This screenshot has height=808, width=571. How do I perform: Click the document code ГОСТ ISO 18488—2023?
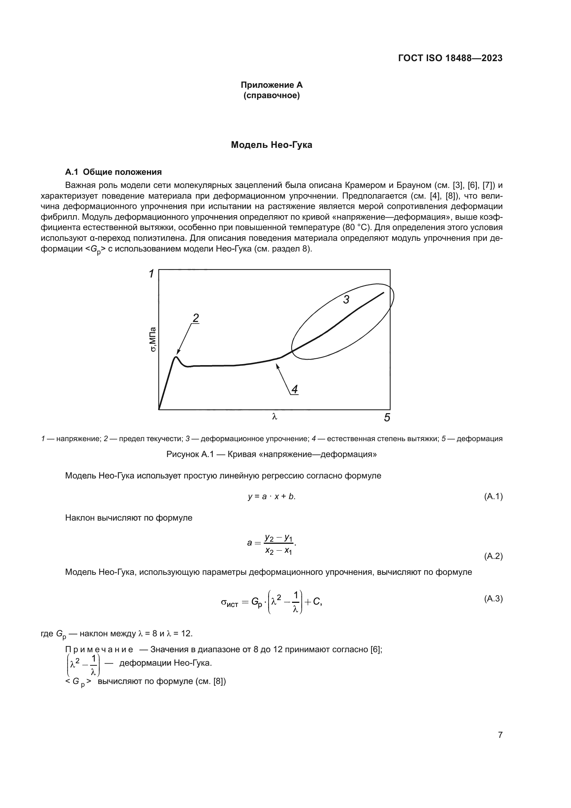[450, 58]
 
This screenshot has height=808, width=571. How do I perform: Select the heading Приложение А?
[271, 85]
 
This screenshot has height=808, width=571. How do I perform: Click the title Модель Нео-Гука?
[271, 145]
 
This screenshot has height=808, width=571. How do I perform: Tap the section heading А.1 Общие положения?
[113, 172]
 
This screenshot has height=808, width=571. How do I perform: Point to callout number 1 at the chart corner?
[151, 274]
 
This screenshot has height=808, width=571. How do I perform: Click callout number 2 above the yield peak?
[196, 318]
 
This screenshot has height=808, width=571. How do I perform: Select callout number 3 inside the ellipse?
[346, 300]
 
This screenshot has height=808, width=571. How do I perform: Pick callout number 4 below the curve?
[294, 389]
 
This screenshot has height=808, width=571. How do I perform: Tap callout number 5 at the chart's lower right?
[387, 418]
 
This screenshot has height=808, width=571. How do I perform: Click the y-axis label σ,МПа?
[153, 339]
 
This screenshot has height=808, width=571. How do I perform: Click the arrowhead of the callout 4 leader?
[277, 365]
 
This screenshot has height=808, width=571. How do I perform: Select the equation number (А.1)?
[493, 496]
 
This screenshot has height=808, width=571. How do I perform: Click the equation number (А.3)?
[493, 599]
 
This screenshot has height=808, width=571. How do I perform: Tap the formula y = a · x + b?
[271, 496]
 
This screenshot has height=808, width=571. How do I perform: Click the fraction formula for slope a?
[271, 543]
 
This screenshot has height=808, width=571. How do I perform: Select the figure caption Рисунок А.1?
[271, 454]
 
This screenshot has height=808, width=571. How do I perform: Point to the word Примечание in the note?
[99, 650]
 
